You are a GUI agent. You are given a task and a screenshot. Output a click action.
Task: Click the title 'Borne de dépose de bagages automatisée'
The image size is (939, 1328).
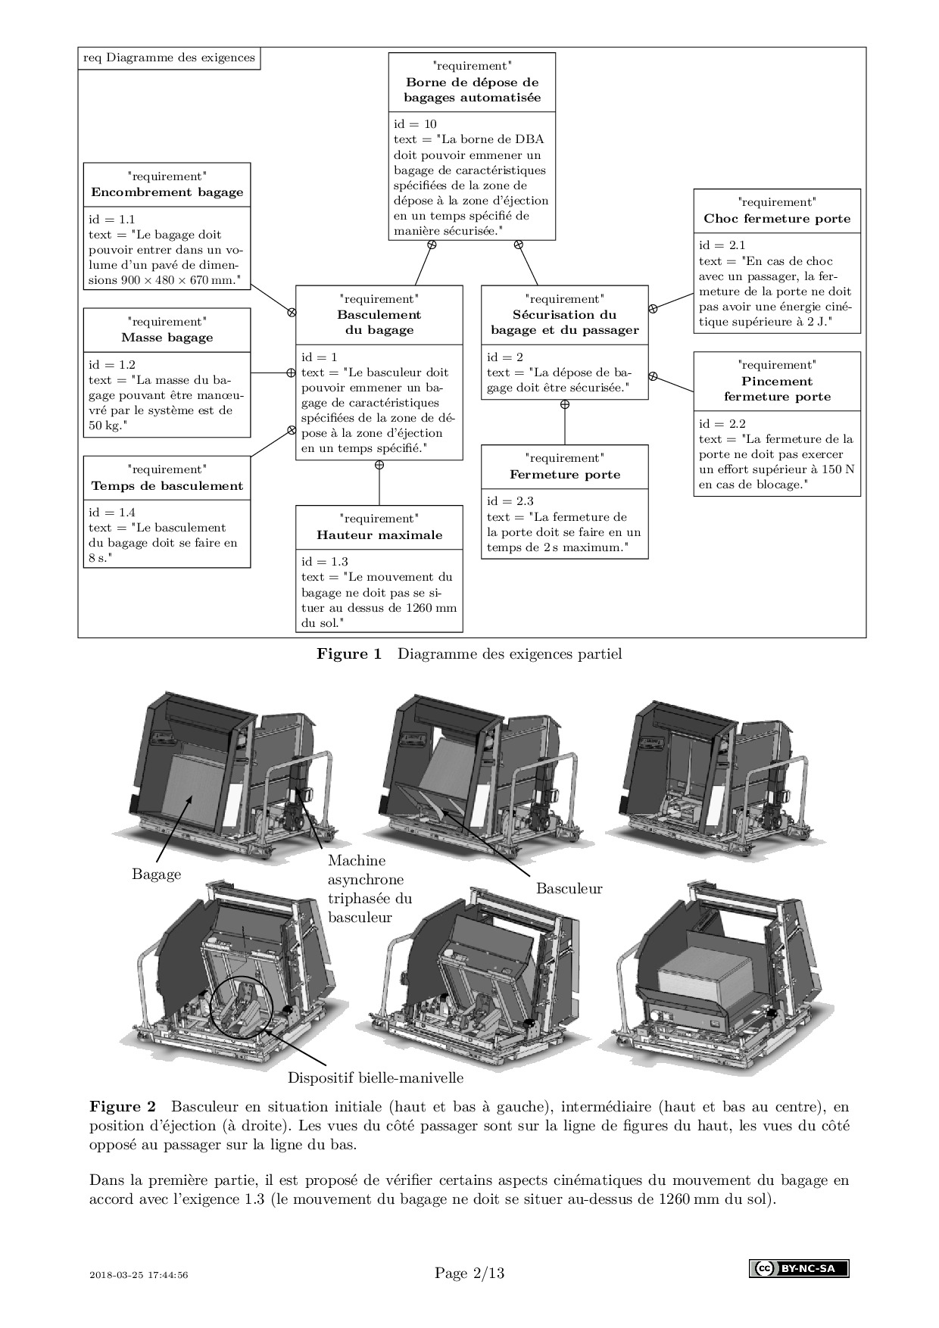coord(472,90)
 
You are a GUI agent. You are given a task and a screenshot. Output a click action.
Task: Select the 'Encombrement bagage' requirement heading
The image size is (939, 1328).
coord(167,192)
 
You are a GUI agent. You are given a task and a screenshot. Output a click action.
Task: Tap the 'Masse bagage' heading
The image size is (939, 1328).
coord(167,338)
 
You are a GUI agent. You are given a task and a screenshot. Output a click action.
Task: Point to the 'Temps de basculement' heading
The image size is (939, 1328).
coord(167,486)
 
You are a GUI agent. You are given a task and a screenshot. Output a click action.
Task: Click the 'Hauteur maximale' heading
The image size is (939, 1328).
coord(379,535)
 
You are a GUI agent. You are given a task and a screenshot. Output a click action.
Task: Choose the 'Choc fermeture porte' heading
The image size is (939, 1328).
coord(777,219)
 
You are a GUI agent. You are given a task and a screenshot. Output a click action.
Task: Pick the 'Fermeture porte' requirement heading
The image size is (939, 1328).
coord(565,475)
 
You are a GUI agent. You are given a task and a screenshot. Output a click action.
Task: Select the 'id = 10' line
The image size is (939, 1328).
coord(415,124)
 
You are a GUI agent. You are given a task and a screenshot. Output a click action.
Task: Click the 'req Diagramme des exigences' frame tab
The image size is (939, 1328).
coord(169,58)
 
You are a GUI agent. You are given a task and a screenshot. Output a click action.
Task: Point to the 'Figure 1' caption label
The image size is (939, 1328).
coord(349,653)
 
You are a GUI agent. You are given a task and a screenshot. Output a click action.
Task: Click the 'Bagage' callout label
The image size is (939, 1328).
coord(156,874)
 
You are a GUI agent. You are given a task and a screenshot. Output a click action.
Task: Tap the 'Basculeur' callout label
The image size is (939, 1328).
coord(569,888)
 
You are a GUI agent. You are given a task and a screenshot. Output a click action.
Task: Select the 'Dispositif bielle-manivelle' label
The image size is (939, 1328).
coord(376,1077)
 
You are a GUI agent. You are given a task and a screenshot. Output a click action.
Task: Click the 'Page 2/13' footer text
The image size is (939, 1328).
coord(469,1273)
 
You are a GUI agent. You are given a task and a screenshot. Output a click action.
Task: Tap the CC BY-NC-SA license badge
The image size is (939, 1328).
coord(799,1269)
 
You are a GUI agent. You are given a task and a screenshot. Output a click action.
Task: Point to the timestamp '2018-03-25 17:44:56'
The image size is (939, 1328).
coord(139,1275)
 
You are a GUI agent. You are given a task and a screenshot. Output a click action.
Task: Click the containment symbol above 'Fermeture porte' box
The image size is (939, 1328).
coord(565,404)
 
